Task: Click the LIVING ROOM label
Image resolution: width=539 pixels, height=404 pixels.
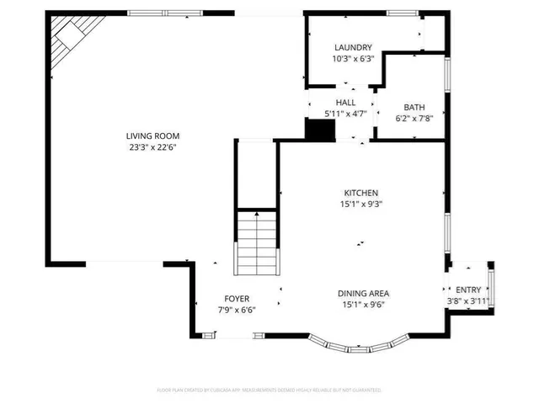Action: coord(152,136)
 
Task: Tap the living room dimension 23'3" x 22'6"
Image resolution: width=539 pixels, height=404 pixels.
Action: coord(152,146)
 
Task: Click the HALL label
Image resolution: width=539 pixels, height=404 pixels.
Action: coord(346,102)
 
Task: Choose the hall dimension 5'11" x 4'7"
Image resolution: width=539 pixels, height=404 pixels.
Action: coord(346,113)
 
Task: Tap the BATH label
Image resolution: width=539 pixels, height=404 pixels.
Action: coord(414,107)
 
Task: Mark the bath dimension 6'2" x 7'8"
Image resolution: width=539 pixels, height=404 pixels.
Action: coord(414,118)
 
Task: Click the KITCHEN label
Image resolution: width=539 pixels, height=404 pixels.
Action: coord(360,192)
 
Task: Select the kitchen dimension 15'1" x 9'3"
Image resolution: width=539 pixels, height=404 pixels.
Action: coord(360,203)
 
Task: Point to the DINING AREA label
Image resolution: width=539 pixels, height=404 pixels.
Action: coord(363,293)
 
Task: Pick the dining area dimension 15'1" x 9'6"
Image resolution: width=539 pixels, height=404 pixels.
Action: coord(363,305)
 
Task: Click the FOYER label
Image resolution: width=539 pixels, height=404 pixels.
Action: coord(236,299)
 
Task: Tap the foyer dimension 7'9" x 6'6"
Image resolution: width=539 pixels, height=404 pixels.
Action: coord(236,310)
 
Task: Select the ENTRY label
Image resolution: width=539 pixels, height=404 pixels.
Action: coord(468,290)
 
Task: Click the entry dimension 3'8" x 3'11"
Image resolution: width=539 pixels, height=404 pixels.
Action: coord(468,301)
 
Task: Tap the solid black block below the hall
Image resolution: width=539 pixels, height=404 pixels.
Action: coord(319,131)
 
